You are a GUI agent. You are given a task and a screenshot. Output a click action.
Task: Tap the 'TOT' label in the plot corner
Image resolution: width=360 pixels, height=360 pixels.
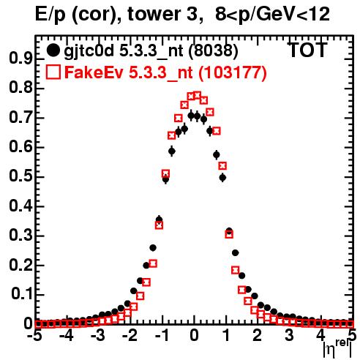pyautogui.click(x=308, y=50)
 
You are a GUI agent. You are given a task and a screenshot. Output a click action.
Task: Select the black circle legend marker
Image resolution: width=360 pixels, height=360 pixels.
pyautogui.click(x=53, y=50)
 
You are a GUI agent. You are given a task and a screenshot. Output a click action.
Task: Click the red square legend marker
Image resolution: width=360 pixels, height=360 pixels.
pyautogui.click(x=53, y=72)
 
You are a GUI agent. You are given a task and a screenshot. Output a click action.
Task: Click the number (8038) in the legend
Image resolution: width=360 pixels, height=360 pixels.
pyautogui.click(x=214, y=51)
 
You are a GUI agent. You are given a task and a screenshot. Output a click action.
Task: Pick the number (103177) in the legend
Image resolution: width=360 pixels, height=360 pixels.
pyautogui.click(x=232, y=72)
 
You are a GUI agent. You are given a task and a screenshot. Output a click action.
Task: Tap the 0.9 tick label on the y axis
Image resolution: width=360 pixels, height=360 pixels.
pyautogui.click(x=20, y=59)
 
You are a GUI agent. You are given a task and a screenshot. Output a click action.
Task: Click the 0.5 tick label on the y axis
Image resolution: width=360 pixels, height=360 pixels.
pyautogui.click(x=20, y=176)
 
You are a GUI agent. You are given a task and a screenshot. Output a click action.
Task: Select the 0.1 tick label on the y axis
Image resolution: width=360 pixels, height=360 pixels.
pyautogui.click(x=21, y=294)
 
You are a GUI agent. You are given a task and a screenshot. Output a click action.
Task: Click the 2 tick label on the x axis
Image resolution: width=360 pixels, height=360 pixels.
pyautogui.click(x=258, y=336)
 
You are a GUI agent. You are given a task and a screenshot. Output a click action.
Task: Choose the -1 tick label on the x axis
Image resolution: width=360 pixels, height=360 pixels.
pyautogui.click(x=161, y=336)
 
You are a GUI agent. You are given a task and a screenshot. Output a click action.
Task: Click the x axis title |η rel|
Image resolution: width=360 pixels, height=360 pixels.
pyautogui.click(x=337, y=348)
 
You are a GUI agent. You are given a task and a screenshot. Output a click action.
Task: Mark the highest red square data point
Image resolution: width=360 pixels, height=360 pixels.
pyautogui.click(x=198, y=95)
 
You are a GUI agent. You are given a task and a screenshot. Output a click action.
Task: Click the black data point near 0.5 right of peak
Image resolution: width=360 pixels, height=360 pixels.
pyautogui.click(x=222, y=178)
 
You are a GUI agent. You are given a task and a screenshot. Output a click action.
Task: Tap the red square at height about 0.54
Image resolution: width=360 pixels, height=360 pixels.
pyautogui.click(x=222, y=166)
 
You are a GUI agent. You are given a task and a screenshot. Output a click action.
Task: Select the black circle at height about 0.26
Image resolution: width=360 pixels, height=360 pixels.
pyautogui.click(x=153, y=248)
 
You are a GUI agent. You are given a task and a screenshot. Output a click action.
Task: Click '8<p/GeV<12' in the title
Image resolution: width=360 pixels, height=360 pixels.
pyautogui.click(x=272, y=15)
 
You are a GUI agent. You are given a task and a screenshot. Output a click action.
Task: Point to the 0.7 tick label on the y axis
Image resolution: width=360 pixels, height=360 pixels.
pyautogui.click(x=20, y=117)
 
